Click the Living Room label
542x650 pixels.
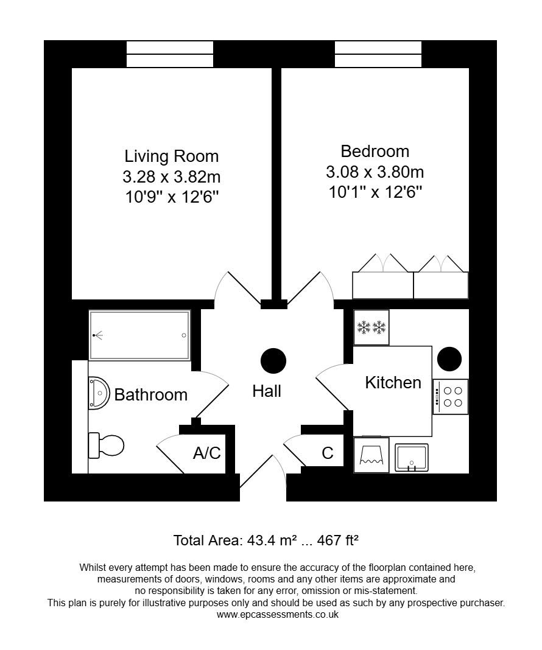[171, 156]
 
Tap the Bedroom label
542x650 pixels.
[375, 151]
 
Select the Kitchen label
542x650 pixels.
[393, 382]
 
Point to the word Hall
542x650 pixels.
[267, 391]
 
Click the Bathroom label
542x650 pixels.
[150, 394]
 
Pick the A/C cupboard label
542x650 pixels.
[206, 453]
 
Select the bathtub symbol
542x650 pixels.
[139, 335]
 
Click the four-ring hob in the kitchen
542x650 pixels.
[451, 397]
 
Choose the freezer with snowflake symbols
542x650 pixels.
[371, 328]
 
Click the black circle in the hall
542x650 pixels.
[273, 361]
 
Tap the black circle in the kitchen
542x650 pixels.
[449, 358]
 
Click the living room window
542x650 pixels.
[170, 54]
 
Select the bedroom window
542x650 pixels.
[378, 54]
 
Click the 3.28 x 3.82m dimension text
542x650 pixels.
[171, 177]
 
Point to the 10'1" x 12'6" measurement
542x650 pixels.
[375, 192]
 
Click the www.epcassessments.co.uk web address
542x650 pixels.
[277, 615]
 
